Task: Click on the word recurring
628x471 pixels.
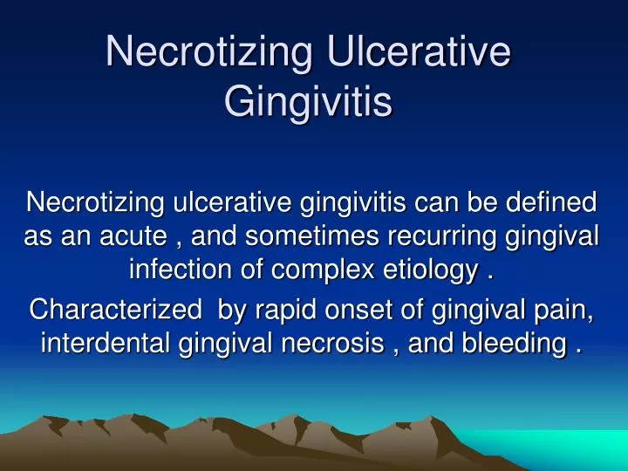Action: tap(413, 235)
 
